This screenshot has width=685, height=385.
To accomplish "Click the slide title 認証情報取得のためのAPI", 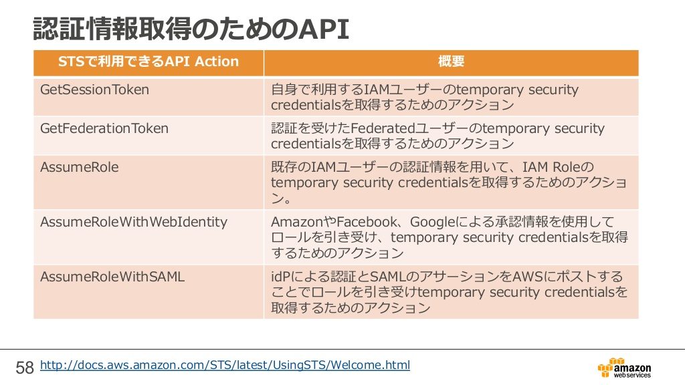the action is point(191,29).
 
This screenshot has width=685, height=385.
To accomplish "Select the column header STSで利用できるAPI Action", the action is point(149,61).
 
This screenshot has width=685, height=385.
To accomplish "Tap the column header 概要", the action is point(451,61).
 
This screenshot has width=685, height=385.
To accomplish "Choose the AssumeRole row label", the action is point(80,167).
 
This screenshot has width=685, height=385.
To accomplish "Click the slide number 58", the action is point(25,368).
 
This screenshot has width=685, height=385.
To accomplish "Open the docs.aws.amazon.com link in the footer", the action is point(225,365).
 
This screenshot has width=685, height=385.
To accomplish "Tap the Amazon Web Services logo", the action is point(624,368).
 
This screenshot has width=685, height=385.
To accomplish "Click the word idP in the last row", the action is point(281,277).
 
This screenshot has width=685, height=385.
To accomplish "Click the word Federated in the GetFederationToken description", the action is point(383,128).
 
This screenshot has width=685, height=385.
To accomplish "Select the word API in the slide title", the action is point(324,29).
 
